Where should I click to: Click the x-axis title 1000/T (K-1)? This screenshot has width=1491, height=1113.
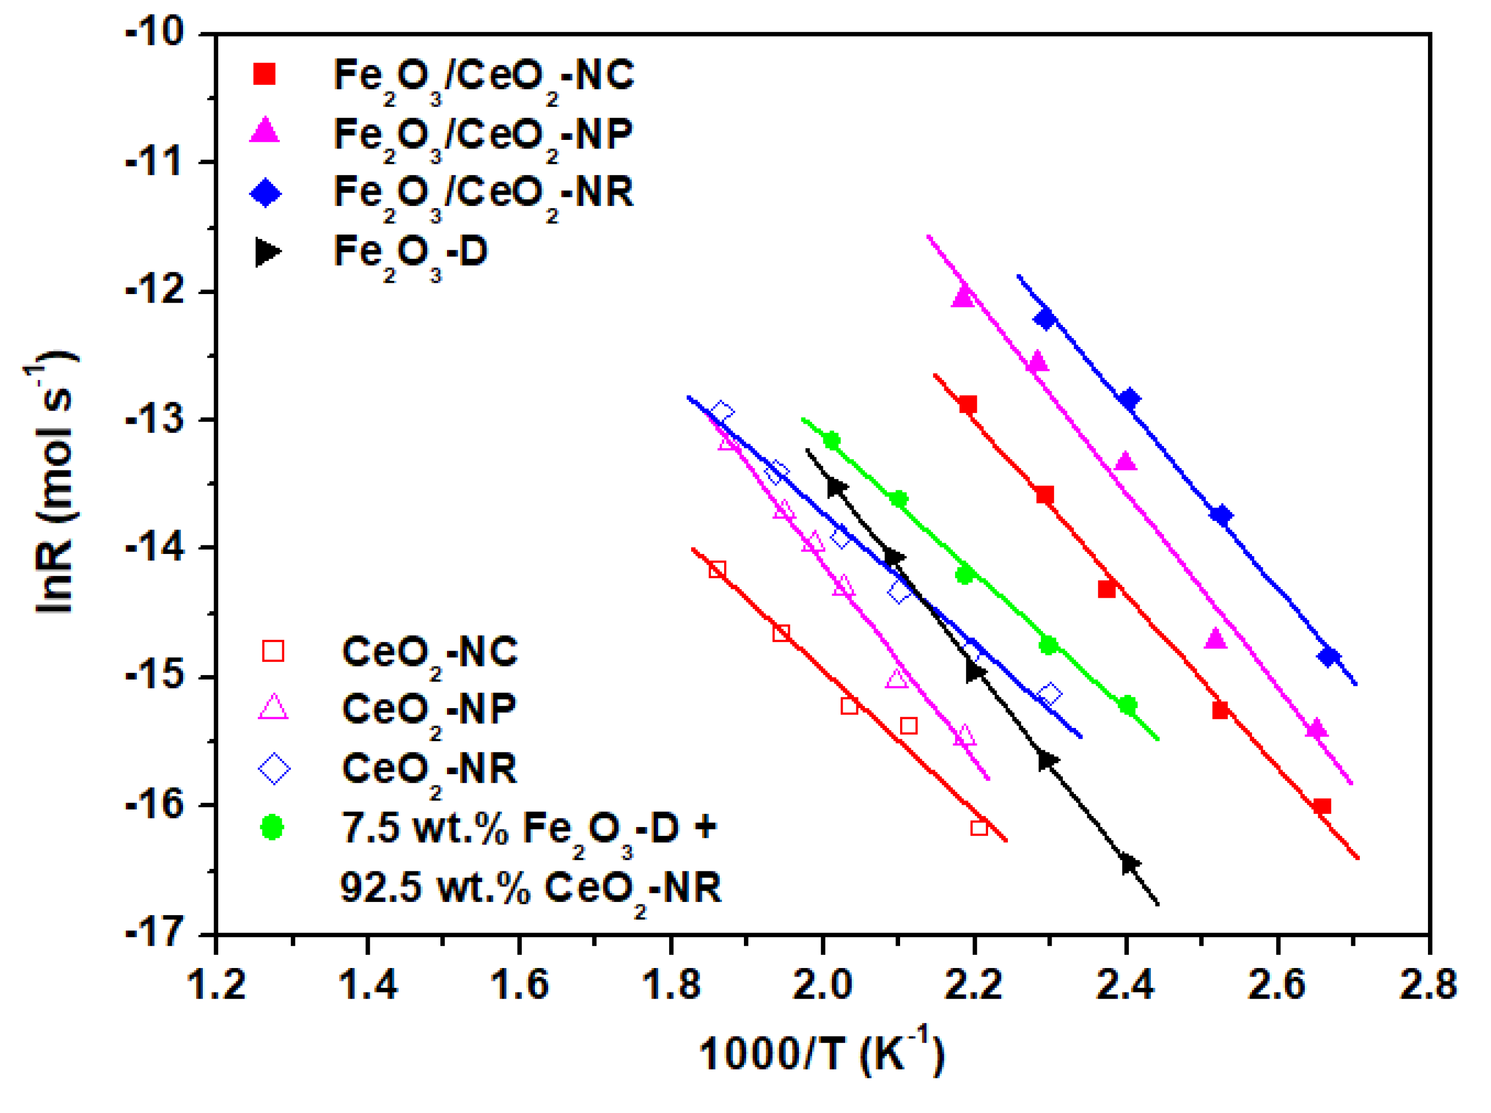pyautogui.click(x=822, y=1052)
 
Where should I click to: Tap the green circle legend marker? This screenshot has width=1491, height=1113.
pyautogui.click(x=272, y=827)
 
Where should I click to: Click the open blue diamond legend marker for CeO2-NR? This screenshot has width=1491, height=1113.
pyautogui.click(x=274, y=769)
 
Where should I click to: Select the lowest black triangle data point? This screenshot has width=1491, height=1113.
pyautogui.click(x=1129, y=864)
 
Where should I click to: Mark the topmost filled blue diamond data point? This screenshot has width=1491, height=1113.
pyautogui.click(x=1045, y=318)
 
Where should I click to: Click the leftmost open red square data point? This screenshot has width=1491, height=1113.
pyautogui.click(x=717, y=570)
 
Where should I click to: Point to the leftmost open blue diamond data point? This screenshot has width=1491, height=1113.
pyautogui.click(x=722, y=412)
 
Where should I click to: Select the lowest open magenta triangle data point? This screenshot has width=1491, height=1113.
pyautogui.click(x=965, y=737)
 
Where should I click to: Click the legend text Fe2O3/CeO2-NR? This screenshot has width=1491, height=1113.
pyautogui.click(x=484, y=194)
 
